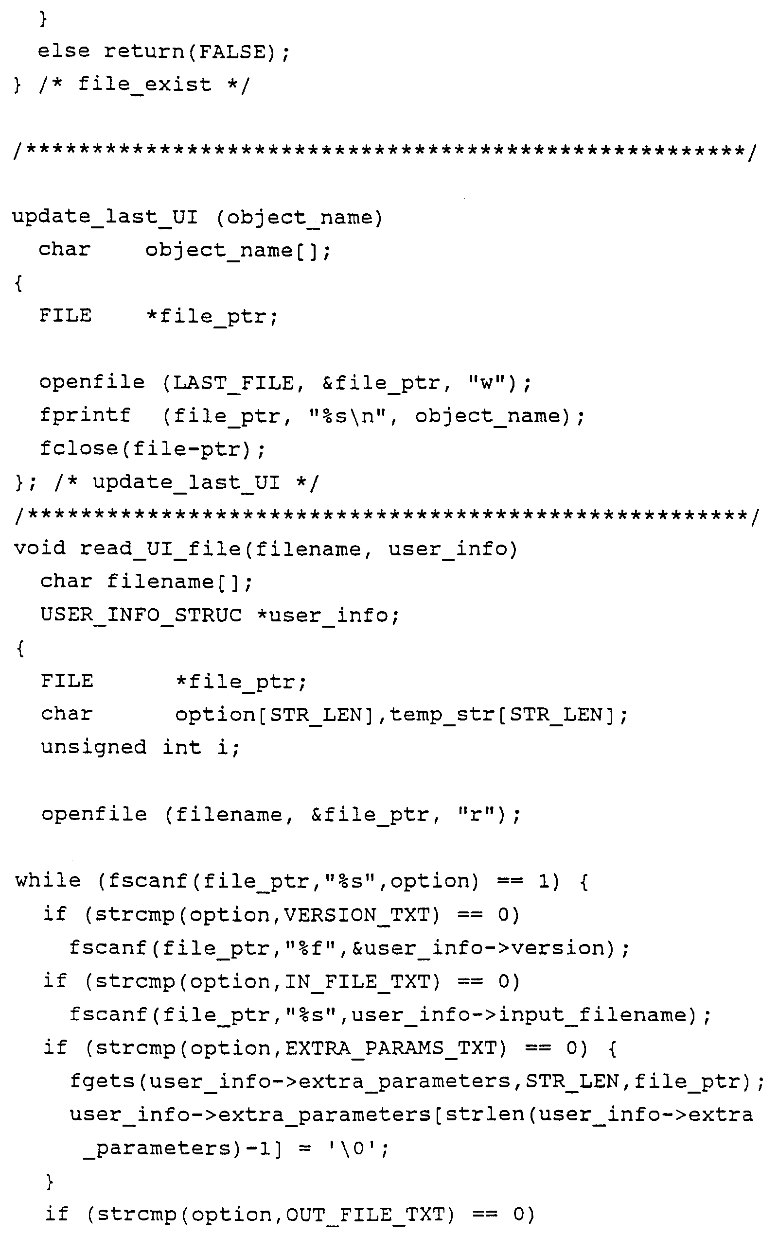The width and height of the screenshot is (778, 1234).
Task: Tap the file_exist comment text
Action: point(144,85)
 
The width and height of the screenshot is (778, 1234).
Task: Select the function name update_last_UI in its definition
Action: point(105,217)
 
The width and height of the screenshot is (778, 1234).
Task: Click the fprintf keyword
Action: point(85,415)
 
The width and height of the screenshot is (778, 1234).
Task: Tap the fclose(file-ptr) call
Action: point(152,449)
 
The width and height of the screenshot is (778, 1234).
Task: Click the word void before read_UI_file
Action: point(39,548)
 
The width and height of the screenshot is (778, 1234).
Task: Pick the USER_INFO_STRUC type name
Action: point(141,615)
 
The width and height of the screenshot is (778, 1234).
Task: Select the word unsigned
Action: point(93,747)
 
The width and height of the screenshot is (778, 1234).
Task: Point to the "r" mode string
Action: point(476,814)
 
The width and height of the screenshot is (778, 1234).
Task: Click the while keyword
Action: point(48,880)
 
